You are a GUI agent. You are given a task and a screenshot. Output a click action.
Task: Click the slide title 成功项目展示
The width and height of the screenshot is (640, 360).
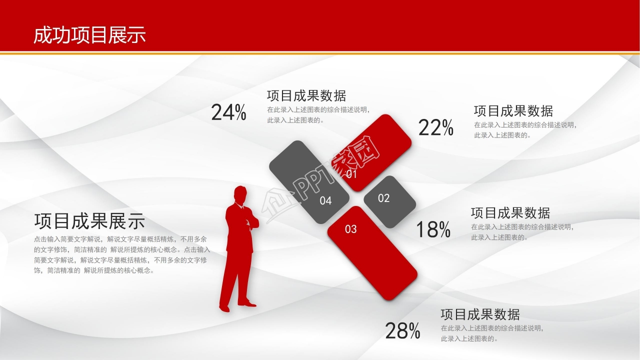pos(89,35)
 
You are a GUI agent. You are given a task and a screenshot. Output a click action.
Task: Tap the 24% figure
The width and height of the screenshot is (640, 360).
pos(228,112)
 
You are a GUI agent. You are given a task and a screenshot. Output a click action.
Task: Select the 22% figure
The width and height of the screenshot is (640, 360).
pos(435,127)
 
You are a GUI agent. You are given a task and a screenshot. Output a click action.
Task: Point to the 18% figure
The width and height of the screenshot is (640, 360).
pos(433,229)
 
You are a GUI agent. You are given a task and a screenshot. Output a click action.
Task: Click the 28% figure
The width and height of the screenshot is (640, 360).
pos(402,331)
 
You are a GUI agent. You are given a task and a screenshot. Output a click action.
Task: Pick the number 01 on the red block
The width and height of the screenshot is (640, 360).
pos(351,174)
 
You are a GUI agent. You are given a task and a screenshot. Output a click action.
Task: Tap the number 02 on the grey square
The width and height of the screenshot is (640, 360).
pos(383,198)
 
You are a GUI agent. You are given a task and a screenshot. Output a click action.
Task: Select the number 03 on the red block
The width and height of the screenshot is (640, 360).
pos(351,229)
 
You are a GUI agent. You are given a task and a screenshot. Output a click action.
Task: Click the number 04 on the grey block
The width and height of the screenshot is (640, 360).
pos(325,201)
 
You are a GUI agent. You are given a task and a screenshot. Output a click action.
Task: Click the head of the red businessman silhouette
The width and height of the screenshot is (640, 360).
pos(240,195)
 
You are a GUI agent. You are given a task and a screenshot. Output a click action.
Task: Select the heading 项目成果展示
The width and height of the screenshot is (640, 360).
pos(89,221)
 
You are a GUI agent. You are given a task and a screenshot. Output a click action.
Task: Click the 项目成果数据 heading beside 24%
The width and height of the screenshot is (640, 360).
pos(306,95)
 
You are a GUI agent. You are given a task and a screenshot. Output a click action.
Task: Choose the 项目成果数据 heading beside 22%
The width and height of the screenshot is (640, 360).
pos(513,111)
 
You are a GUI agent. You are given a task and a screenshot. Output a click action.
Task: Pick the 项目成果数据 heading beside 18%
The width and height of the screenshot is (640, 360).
pos(510,213)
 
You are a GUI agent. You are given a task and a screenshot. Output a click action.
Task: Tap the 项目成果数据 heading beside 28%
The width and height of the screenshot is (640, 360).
pos(480,314)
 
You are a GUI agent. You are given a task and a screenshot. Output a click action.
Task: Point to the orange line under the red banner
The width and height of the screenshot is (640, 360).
pos(320,53)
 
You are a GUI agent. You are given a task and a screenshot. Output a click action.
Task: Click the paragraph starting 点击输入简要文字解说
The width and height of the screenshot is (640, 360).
pos(122,255)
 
